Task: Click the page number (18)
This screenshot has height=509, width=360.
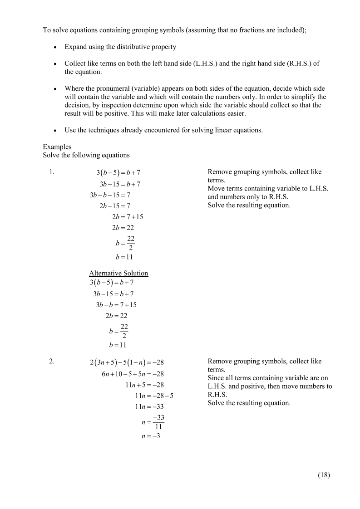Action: coord(324,475)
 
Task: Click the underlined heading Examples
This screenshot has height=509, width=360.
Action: coord(57,147)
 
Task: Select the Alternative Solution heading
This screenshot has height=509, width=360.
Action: coord(118,273)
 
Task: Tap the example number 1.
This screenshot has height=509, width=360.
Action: coord(52,172)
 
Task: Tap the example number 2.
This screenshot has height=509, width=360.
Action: coord(52,362)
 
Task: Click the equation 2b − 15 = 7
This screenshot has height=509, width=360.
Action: coord(115,206)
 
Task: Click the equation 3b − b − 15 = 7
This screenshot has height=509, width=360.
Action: coord(110,195)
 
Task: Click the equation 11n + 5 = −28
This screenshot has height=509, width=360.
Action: coord(144,385)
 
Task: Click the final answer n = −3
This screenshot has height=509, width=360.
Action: coord(151,436)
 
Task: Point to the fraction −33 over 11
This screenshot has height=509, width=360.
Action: coord(158,421)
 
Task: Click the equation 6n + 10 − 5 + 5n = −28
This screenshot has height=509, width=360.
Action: coord(133,374)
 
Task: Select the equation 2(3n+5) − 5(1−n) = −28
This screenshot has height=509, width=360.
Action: coord(127,362)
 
